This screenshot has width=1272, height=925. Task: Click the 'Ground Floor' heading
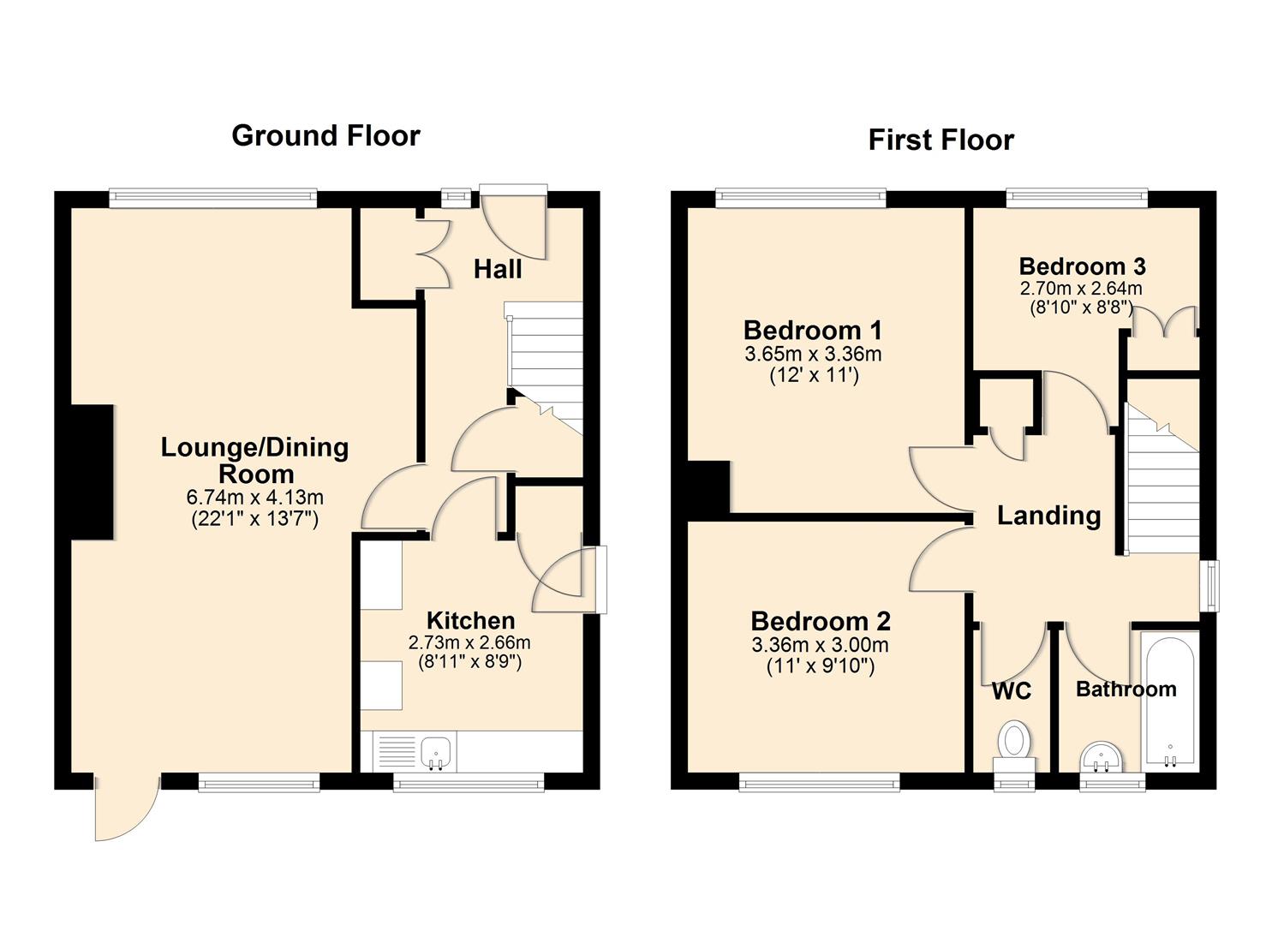[x=325, y=136]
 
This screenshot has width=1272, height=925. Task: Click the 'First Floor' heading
[x=941, y=140]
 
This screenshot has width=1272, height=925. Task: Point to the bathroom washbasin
[x=1101, y=756]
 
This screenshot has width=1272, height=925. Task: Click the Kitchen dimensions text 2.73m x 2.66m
[x=469, y=642]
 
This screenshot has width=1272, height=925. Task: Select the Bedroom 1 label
[x=812, y=331]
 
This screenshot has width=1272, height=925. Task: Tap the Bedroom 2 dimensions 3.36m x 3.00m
[x=820, y=645]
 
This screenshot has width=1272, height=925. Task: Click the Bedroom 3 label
[x=1082, y=266]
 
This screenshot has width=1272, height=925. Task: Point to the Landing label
[x=1048, y=516]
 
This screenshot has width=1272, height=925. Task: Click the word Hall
[x=498, y=270]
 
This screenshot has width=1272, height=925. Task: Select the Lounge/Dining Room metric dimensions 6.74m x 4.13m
[x=254, y=497]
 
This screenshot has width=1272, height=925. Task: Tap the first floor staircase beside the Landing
[x=1162, y=488]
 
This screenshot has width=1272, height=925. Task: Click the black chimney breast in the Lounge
[x=92, y=472]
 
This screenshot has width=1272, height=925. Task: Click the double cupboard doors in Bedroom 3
[x=1162, y=324]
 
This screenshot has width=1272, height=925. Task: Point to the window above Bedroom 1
[x=800, y=199]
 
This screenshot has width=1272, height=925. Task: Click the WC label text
[x=1011, y=691]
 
